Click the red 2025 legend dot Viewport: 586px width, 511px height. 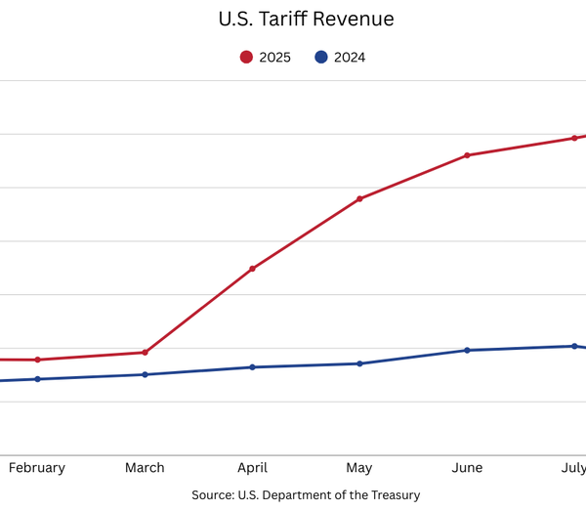246,58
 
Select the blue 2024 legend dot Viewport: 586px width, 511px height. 320,58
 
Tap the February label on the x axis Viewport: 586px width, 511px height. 37,468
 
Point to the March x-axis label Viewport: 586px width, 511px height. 145,468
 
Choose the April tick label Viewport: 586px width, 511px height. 252,468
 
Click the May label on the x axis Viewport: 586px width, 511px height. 359,468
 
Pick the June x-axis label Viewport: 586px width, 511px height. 467,468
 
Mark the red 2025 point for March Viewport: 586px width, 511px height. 145,353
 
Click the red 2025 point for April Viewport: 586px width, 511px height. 252,269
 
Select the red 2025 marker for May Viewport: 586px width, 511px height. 359,199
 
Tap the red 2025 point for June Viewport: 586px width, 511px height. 467,155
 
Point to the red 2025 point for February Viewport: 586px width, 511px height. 37,360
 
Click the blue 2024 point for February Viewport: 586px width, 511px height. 37,379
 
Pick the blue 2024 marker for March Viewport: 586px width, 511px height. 145,374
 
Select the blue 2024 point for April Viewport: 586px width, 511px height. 252,367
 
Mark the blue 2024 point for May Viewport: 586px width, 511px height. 359,363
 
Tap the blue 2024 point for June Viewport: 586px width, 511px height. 467,350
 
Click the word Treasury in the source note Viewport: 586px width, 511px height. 393,495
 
